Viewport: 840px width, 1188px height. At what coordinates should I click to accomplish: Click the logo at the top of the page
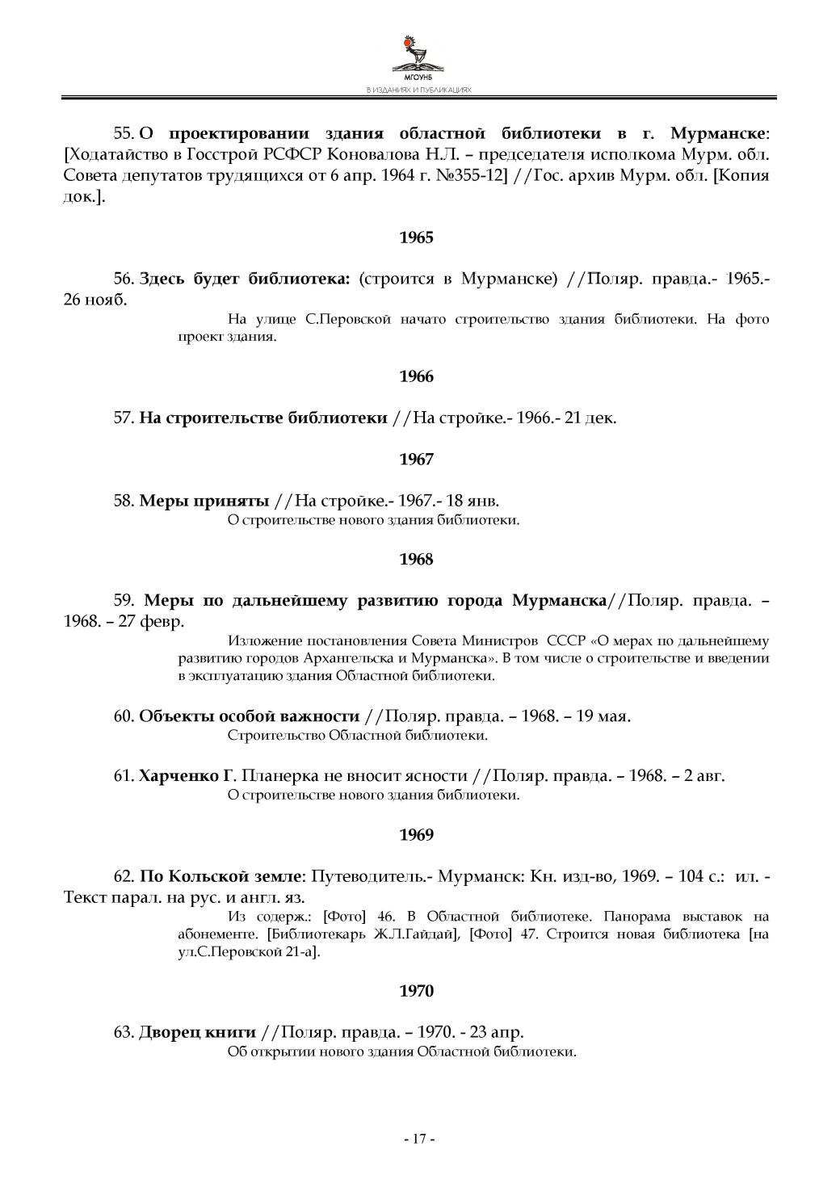click(x=418, y=57)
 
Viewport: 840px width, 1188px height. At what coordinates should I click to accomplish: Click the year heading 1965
click(x=417, y=237)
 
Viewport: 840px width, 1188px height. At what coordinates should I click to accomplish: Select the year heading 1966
click(x=417, y=376)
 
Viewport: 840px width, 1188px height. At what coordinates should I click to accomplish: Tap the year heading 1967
click(x=417, y=460)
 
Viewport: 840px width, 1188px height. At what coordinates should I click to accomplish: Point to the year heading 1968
click(x=417, y=559)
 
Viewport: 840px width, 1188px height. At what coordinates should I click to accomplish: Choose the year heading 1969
click(x=417, y=834)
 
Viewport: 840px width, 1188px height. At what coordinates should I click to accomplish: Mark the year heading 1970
click(x=417, y=991)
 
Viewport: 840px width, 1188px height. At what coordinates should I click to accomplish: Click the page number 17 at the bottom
click(x=419, y=1139)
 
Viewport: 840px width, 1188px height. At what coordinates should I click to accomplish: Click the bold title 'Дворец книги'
click(x=197, y=1032)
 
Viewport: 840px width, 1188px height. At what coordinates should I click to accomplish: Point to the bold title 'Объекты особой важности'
click(x=249, y=716)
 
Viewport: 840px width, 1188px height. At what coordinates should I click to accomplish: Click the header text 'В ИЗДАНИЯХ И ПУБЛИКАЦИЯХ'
click(x=418, y=90)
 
